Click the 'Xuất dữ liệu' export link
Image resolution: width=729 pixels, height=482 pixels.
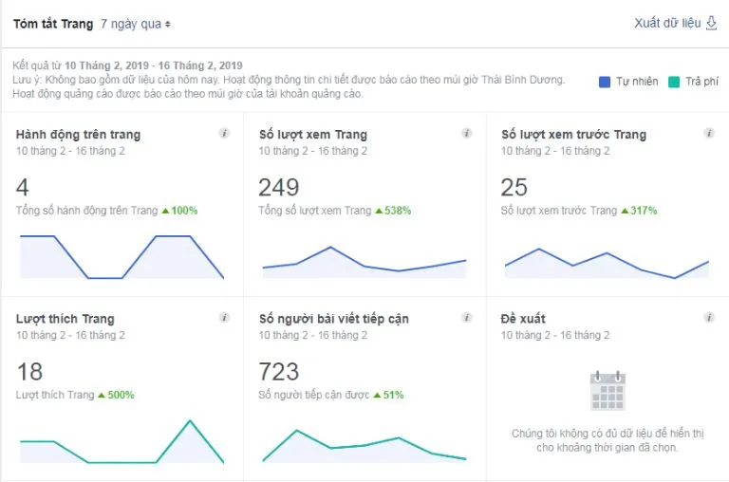(675, 23)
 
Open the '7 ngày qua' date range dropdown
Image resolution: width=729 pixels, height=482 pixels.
(136, 24)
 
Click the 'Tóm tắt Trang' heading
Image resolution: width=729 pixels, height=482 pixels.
(53, 24)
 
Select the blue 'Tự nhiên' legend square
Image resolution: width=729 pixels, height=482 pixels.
(605, 83)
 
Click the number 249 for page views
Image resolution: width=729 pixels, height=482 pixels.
(278, 187)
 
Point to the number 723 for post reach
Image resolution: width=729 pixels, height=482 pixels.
(278, 371)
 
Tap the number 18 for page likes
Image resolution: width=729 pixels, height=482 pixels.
(29, 371)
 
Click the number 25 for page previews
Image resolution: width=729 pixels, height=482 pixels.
(514, 187)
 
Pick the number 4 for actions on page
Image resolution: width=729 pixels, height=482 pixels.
(23, 187)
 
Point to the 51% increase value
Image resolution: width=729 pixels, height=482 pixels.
(393, 395)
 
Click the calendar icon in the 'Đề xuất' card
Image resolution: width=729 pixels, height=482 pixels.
(607, 390)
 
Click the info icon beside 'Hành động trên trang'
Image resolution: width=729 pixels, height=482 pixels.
(224, 134)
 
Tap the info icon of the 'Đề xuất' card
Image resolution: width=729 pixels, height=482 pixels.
(709, 318)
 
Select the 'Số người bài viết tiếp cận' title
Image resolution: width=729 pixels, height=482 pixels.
(333, 319)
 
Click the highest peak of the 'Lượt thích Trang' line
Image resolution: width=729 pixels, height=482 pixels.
(191, 420)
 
